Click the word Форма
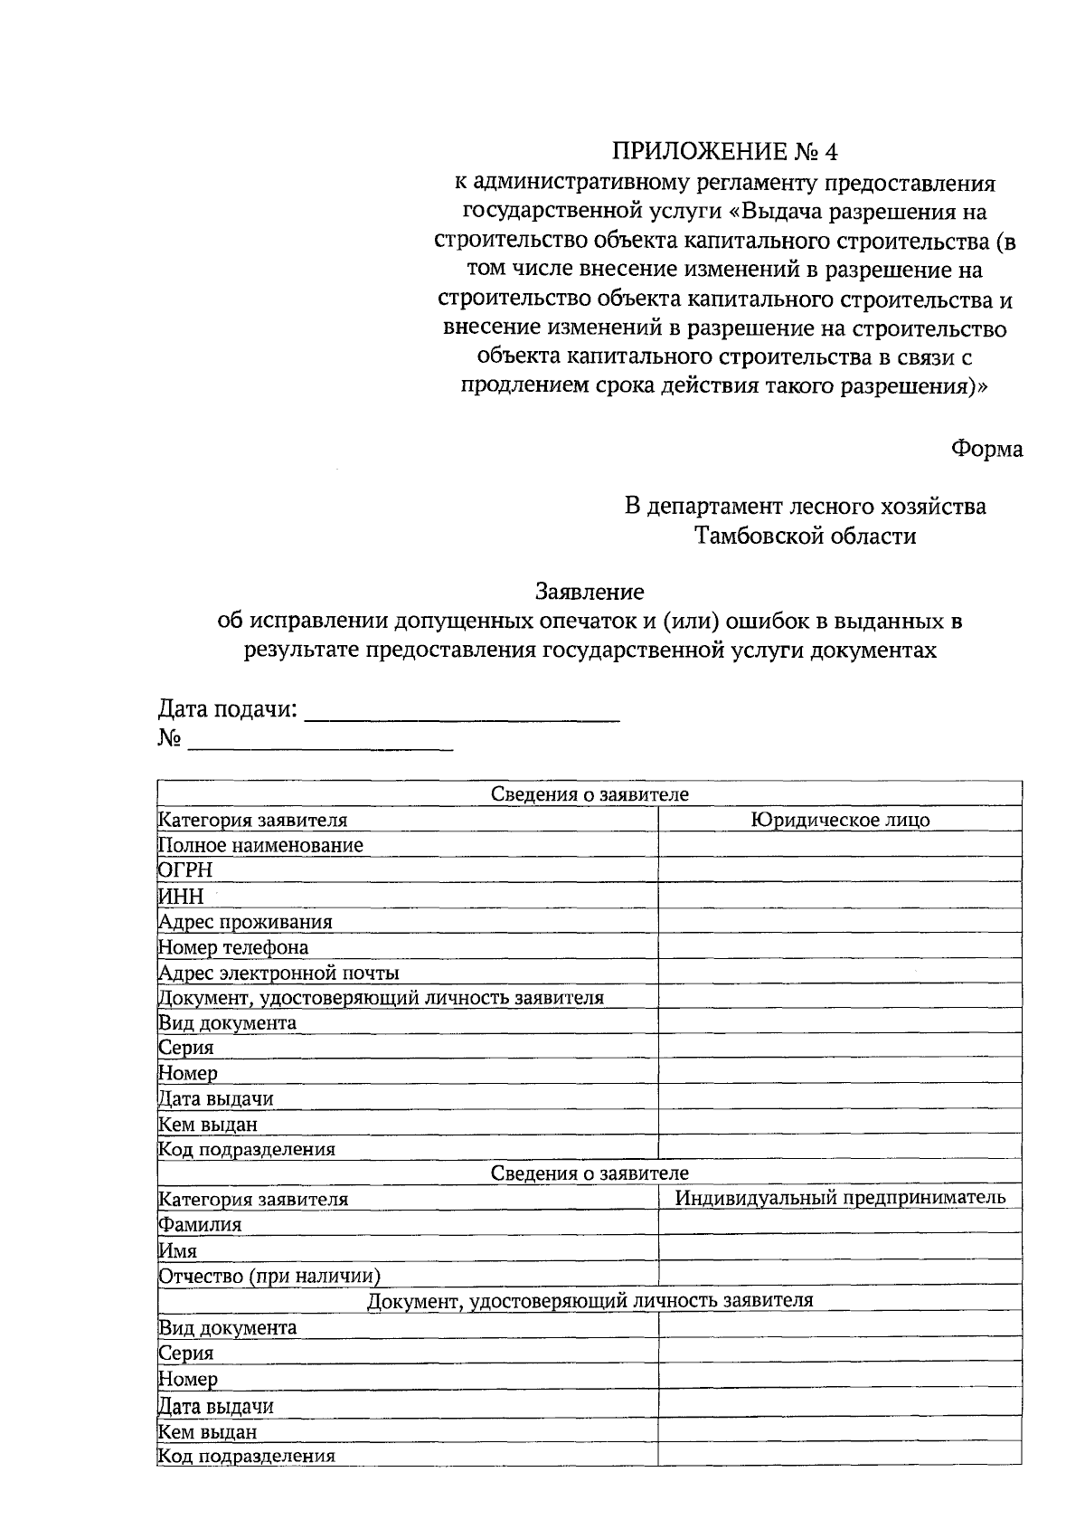click(986, 449)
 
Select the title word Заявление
click(590, 593)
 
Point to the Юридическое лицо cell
click(840, 821)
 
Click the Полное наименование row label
click(261, 846)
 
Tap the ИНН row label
click(182, 897)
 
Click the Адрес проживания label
click(246, 922)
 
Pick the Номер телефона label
click(233, 947)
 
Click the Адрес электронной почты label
click(279, 973)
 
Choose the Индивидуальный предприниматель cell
click(840, 1198)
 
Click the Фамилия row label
click(201, 1225)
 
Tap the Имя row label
click(178, 1251)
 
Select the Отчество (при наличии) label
click(269, 1277)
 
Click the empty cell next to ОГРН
click(840, 870)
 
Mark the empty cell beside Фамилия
click(840, 1224)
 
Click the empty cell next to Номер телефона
click(840, 947)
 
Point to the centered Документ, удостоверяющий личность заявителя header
click(590, 1301)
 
